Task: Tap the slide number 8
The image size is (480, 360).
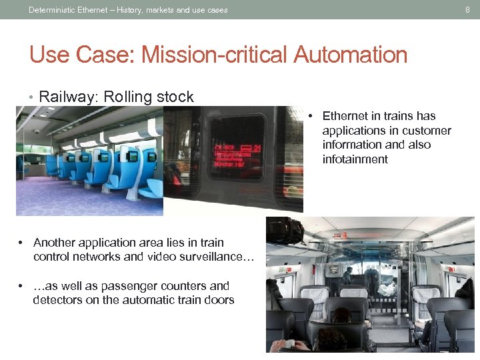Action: click(x=467, y=9)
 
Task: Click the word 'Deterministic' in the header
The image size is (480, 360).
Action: click(x=53, y=9)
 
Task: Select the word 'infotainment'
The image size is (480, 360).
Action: click(x=355, y=159)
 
